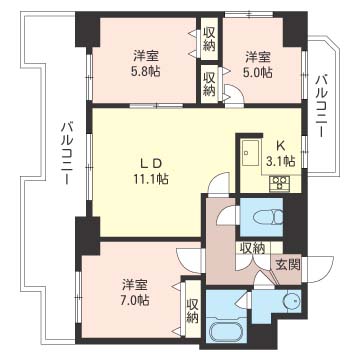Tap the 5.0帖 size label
point(259,73)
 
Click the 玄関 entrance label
point(288,264)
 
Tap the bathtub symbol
point(229,334)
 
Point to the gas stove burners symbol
point(279,183)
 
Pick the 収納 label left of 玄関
point(251,248)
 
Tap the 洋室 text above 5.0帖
point(259,56)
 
